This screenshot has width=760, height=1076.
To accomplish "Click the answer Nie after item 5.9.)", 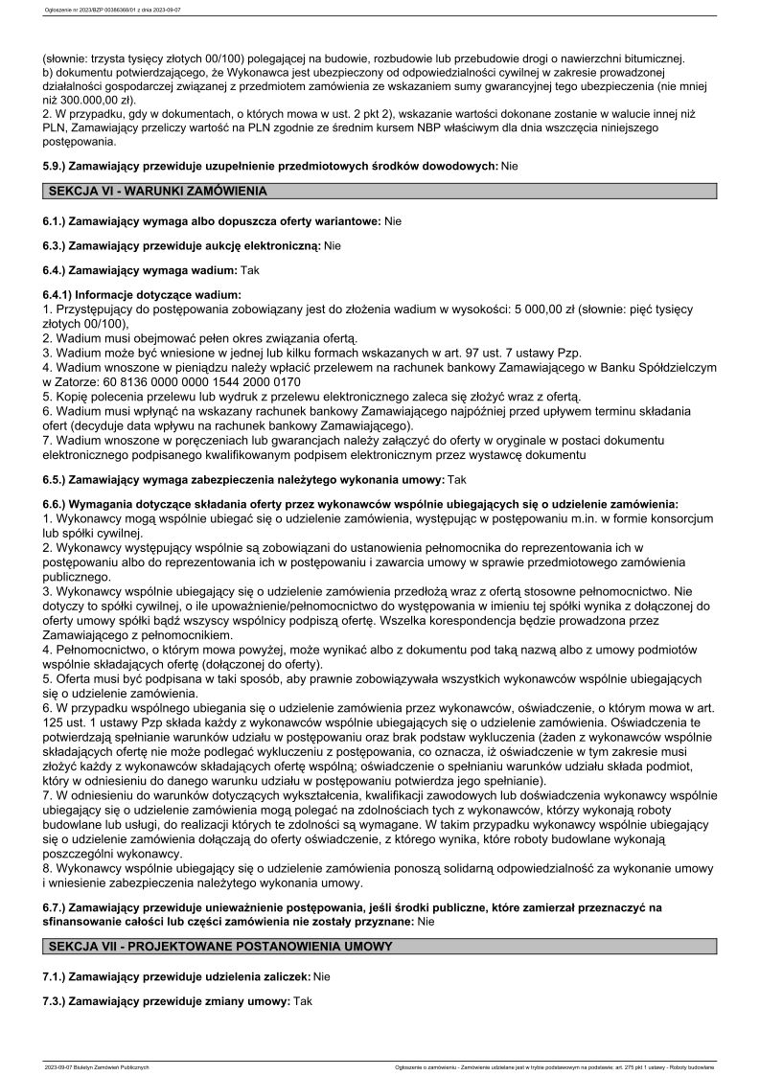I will click(510, 166).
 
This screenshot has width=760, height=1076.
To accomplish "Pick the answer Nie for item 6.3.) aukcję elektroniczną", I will click(333, 246).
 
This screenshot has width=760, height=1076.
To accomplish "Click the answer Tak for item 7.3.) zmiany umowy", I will click(304, 1000).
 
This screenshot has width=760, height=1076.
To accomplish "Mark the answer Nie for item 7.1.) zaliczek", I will click(321, 975).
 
